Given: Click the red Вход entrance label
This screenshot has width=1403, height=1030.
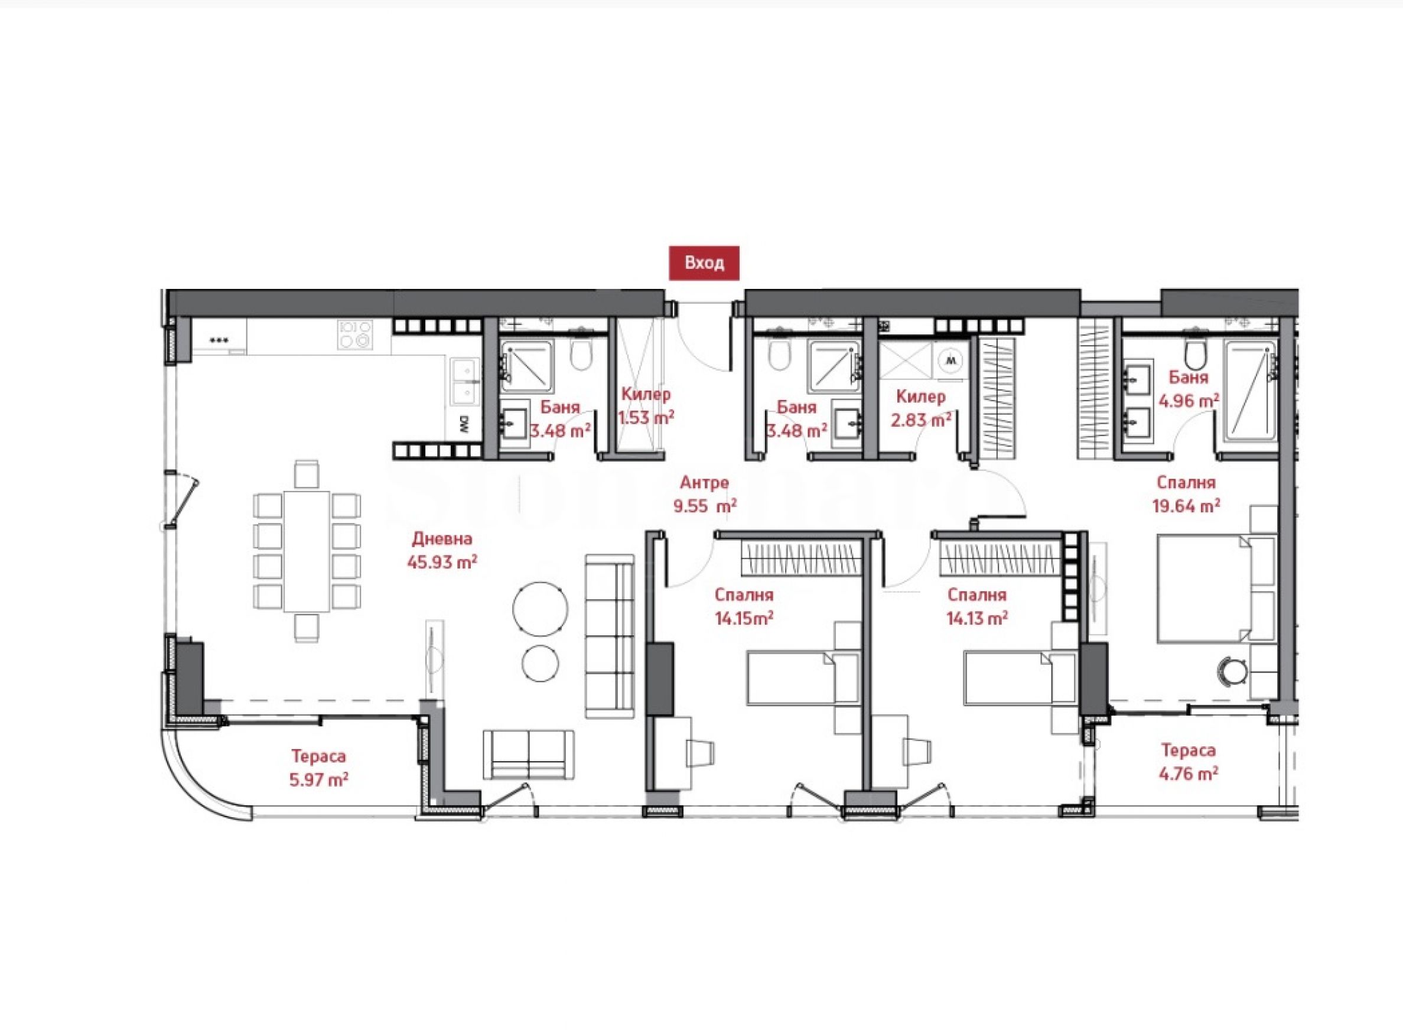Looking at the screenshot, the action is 704,263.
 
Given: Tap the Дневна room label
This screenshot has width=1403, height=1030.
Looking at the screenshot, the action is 442,539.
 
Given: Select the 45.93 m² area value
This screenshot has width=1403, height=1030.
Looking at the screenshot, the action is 442,563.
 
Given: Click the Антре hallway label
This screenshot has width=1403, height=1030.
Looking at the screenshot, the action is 704,482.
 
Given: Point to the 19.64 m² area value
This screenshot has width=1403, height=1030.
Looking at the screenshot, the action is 1186,506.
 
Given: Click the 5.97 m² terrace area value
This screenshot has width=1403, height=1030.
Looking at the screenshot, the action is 318,779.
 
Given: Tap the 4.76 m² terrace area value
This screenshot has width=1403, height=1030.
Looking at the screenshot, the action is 1189,774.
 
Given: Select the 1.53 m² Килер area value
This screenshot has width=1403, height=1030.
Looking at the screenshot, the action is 646,417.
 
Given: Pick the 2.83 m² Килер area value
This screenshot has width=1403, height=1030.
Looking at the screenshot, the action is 921,420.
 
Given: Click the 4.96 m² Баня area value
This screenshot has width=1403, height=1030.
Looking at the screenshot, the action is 1189,400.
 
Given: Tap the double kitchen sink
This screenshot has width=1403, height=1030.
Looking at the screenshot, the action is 464,381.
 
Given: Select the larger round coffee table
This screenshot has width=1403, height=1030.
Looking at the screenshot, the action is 541,609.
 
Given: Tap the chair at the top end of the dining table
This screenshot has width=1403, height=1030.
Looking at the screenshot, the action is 307,473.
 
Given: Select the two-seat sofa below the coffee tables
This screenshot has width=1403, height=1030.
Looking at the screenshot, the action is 529,755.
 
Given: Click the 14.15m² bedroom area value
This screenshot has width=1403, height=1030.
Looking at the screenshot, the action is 745,619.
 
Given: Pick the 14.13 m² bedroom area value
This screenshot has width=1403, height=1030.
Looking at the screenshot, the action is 977,619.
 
